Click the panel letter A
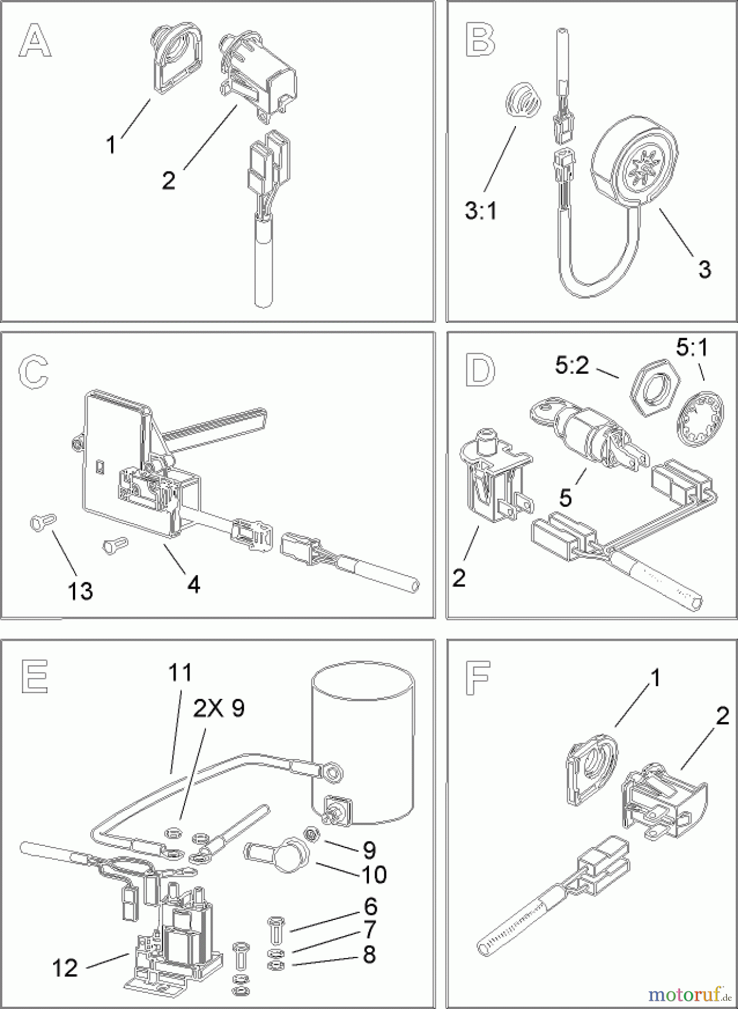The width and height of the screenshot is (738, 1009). tap(35, 40)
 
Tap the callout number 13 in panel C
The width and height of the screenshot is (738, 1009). tap(80, 591)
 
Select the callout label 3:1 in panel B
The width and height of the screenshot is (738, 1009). tap(481, 211)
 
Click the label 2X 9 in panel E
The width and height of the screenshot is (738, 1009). tap(219, 709)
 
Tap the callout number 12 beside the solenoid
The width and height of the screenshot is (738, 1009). tap(64, 968)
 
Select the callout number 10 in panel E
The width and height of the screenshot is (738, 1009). tap(374, 874)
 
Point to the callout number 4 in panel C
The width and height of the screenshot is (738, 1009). tap(193, 585)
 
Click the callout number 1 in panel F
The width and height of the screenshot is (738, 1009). tap(654, 678)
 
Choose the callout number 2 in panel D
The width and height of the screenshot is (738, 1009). tap(459, 578)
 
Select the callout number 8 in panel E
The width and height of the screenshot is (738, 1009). tap(369, 954)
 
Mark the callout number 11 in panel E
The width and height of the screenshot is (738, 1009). tap(180, 673)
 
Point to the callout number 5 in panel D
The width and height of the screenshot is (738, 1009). tap(565, 497)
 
